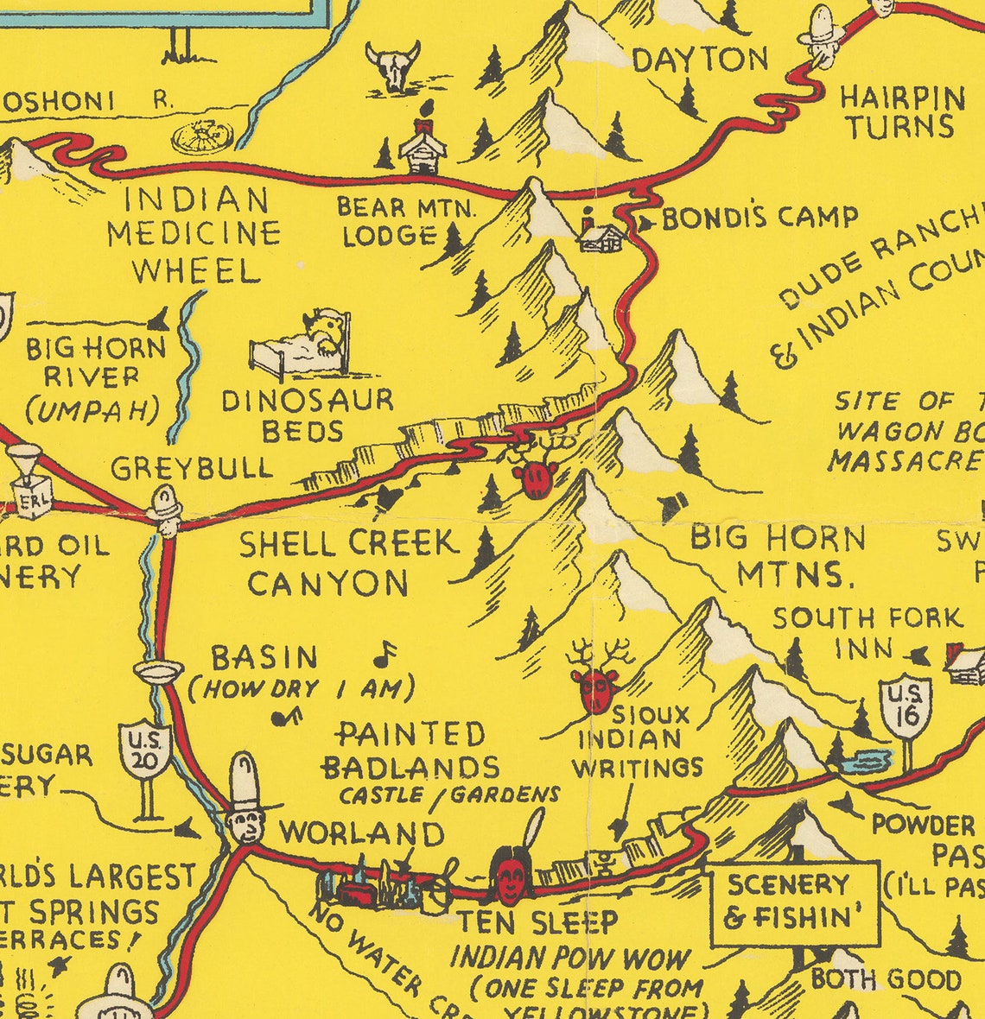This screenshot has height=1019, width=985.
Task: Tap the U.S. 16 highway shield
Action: click(x=906, y=706)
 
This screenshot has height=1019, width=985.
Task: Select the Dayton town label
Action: click(x=700, y=60)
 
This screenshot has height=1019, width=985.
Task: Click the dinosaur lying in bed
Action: click(x=303, y=345)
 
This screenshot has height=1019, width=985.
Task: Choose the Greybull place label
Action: click(x=192, y=468)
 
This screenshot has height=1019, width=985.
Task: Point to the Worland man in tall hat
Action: click(x=247, y=803)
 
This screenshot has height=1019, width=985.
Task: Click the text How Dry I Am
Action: click(x=302, y=689)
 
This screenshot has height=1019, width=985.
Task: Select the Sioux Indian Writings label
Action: click(x=638, y=740)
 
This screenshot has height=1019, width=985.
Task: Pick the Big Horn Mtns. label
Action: click(x=778, y=555)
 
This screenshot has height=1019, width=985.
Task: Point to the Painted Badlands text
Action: click(x=410, y=750)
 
